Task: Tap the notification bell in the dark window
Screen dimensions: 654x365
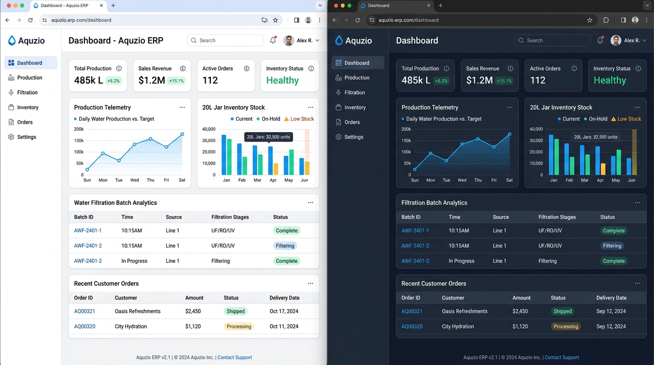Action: (600, 40)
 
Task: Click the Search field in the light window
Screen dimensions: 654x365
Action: (225, 40)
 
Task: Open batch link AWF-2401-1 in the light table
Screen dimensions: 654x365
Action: (87, 231)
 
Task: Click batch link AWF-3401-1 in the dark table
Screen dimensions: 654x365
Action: (415, 231)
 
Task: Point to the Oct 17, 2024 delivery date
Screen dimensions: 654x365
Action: (284, 311)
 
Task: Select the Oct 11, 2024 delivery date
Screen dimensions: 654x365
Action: (284, 326)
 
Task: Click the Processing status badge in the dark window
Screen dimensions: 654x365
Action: (566, 326)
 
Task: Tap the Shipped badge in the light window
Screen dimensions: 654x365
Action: (235, 311)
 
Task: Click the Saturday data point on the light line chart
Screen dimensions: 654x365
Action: (182, 134)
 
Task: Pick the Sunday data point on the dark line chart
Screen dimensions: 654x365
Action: (414, 169)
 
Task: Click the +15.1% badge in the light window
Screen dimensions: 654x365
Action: (176, 81)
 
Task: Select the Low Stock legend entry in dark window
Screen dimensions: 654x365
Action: (626, 119)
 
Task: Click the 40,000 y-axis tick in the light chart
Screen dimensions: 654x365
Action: (209, 129)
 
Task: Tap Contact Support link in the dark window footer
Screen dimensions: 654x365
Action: (561, 357)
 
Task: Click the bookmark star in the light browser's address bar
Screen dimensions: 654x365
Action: (275, 20)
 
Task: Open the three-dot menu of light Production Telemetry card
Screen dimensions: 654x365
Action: (182, 107)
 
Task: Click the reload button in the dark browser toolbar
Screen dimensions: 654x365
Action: (357, 20)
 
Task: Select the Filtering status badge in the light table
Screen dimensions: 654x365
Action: (285, 246)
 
